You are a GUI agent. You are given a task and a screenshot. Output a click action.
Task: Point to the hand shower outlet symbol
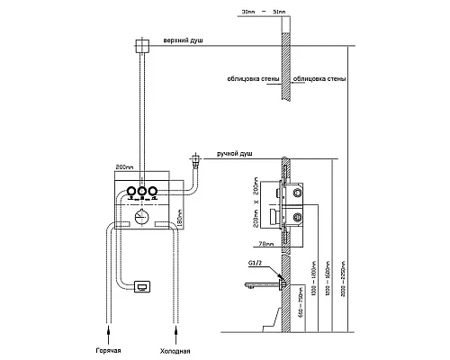click(194, 162)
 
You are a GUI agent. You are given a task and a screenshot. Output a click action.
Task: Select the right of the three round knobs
click(153, 191)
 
